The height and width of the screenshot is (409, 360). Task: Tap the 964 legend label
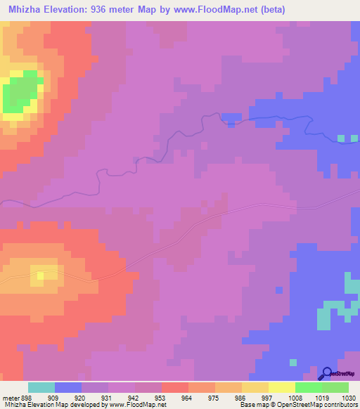167,397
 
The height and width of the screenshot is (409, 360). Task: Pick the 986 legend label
220,397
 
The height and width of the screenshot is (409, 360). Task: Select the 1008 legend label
273,397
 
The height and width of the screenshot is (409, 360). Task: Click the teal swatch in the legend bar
41,387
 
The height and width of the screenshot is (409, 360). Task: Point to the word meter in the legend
11,397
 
